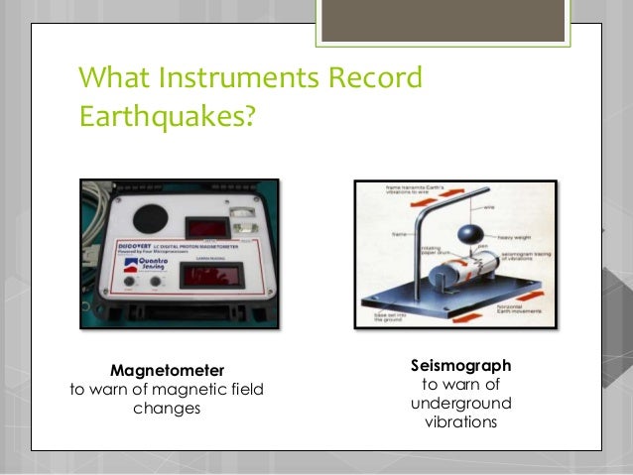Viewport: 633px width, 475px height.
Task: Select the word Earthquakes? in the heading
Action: (x=167, y=118)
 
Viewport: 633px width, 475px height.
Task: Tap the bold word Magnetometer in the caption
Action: (x=167, y=369)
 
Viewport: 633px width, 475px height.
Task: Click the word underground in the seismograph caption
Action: (x=460, y=404)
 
